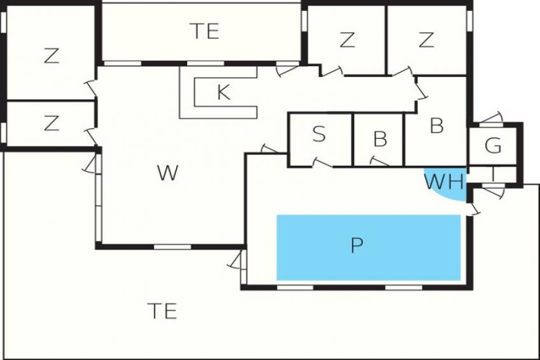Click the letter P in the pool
tap(357, 245)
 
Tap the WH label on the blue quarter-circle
tap(444, 182)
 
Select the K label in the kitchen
tap(224, 92)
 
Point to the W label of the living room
tap(167, 173)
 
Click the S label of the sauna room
tap(319, 134)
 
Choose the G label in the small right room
tap(493, 145)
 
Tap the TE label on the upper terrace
tap(204, 31)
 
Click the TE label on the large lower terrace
tap(162, 311)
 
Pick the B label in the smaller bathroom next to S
tap(380, 139)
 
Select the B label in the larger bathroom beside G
tap(437, 126)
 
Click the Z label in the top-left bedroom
tap(52, 56)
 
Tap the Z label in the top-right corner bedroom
tap(426, 40)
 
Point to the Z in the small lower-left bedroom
tap(52, 123)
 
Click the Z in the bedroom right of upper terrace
tap(347, 40)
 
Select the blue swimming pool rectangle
tap(369, 248)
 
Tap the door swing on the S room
tap(322, 162)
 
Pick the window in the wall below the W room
tap(172, 247)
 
